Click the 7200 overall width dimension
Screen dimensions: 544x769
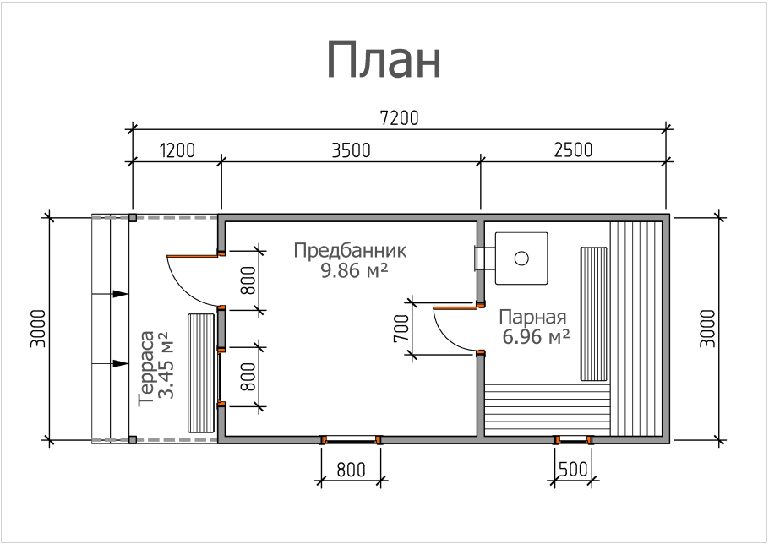tap(399, 117)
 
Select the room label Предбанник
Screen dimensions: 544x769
tap(350, 251)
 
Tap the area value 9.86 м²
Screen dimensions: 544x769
tap(354, 271)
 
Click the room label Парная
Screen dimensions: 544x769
tap(532, 318)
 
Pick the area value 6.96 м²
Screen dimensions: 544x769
tap(534, 337)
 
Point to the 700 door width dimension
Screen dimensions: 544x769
tap(402, 329)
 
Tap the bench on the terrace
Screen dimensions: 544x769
tap(201, 373)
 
